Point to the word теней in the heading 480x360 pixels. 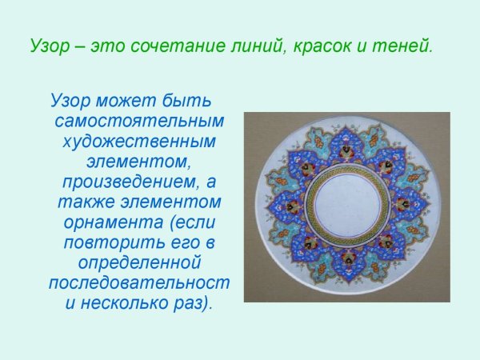click(x=407, y=46)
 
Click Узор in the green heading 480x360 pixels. click(x=50, y=46)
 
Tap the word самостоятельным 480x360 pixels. click(x=139, y=122)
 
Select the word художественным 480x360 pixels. click(x=139, y=142)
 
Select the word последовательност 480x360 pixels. click(x=139, y=282)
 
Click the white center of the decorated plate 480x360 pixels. click(x=347, y=206)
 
